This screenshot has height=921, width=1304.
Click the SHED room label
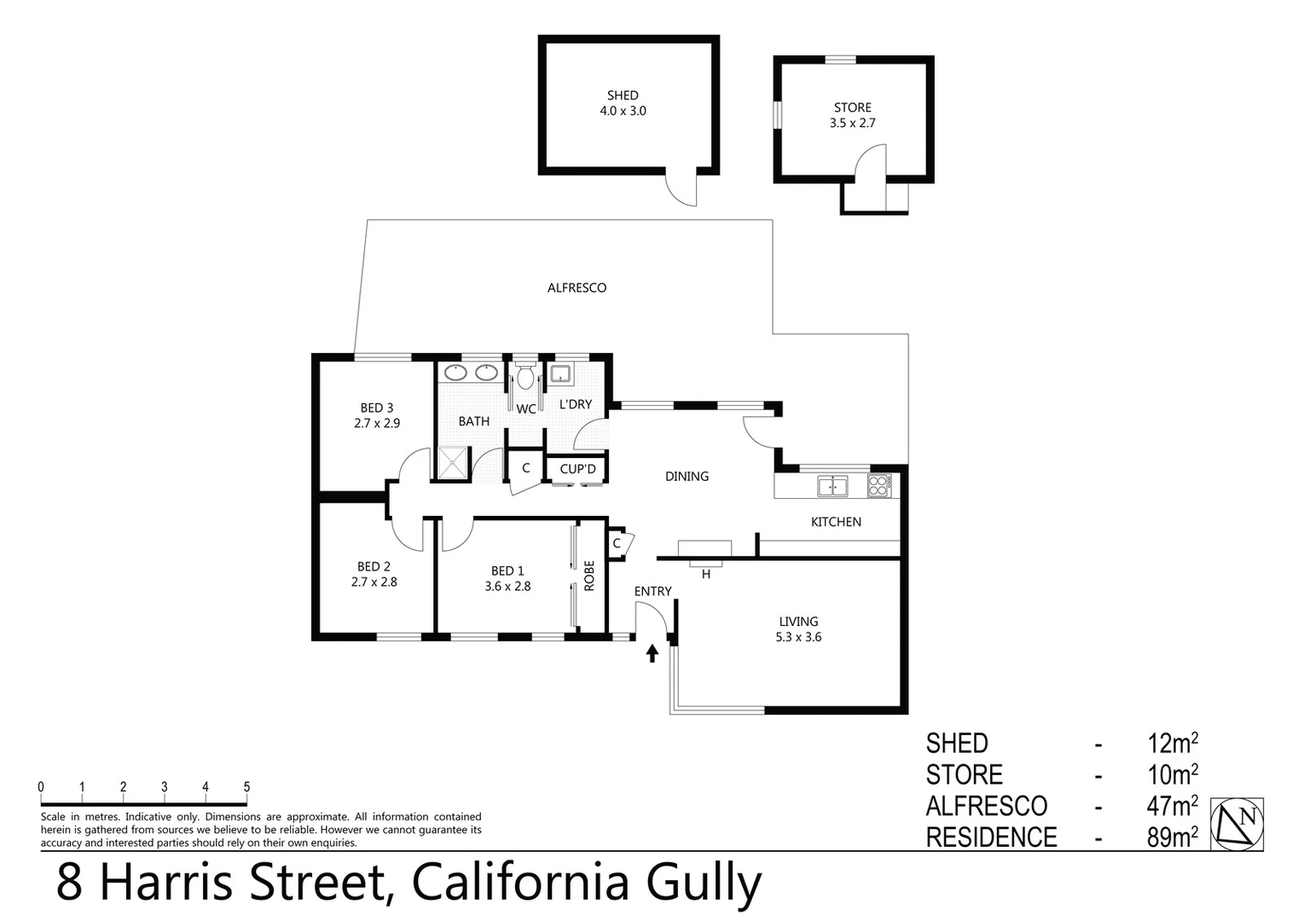coord(623,96)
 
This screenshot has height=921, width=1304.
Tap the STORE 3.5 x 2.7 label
coord(853,115)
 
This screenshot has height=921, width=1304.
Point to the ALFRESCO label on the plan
coord(577,288)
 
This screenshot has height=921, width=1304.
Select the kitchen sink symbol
coord(832,486)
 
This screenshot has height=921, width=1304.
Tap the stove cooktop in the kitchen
coord(878,486)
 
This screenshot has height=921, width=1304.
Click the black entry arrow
coord(652,653)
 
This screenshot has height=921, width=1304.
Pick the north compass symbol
coord(1237,824)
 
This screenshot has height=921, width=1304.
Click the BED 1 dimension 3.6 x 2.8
coord(507,587)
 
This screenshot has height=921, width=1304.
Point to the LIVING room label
coord(798,622)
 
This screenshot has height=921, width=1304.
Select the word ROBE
coord(589,576)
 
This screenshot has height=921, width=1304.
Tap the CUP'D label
coord(577,469)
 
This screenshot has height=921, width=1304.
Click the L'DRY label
coord(575,404)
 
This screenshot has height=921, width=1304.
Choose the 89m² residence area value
coord(1173,837)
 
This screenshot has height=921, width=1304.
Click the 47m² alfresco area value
coord(1173,806)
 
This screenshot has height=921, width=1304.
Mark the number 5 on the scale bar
coord(246,787)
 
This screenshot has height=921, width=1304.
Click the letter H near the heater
coord(706,575)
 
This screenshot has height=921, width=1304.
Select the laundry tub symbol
coord(560,374)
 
